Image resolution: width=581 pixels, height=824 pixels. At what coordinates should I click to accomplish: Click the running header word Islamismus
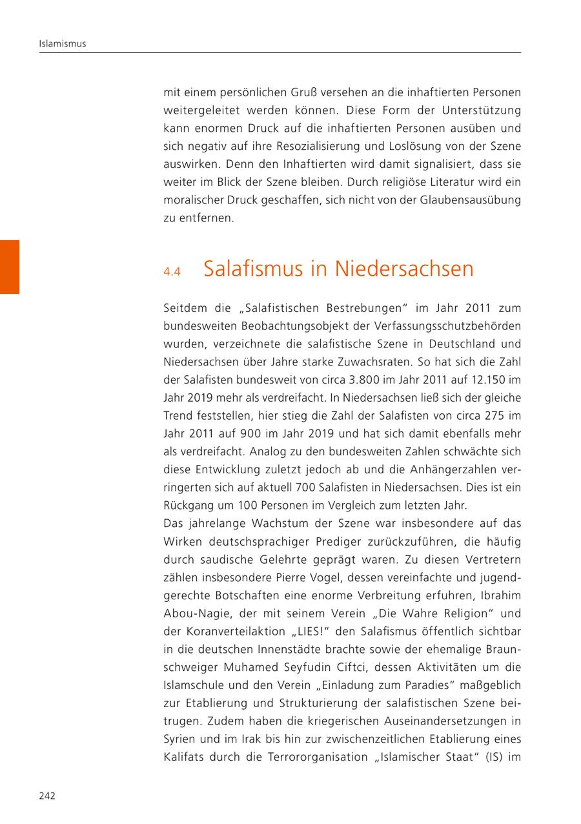[x=63, y=44]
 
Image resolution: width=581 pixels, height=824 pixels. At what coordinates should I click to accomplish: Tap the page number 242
[x=47, y=796]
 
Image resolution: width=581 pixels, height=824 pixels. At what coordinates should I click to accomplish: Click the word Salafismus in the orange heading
[x=254, y=269]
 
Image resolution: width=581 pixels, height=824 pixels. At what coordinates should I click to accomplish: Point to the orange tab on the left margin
[x=10, y=267]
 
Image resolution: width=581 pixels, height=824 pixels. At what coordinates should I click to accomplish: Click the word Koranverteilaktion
[x=228, y=632]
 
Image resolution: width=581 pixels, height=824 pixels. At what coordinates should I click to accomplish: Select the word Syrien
[x=180, y=739]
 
